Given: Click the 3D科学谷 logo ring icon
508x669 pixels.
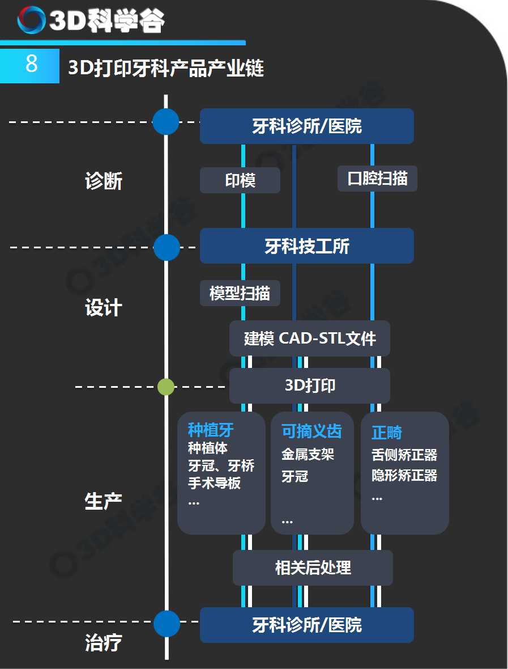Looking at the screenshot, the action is pos(31,20).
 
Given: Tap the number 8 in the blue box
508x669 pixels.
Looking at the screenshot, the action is pos(31,63).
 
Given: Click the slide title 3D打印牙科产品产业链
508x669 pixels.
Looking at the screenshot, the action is pos(166,67).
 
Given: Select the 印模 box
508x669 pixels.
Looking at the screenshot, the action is pos(240,180).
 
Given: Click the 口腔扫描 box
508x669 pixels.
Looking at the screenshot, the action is pos(377,179).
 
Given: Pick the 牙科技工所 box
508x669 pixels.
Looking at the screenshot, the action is pos(307,245).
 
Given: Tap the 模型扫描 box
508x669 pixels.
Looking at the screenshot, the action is pos(240,293).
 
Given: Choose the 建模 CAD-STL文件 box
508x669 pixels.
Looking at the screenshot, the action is pos(310,338).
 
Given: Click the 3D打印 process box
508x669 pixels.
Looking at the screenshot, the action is pos(310,386).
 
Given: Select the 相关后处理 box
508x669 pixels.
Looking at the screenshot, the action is pos(313,568).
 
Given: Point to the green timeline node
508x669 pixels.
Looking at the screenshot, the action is pos(166,387).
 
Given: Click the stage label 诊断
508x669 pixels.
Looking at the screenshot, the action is pos(104,181).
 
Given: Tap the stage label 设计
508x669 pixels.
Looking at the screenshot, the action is pos(104,308).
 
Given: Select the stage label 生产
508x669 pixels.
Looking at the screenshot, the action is pos(103,501).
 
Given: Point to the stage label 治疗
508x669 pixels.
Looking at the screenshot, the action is pos(104,642).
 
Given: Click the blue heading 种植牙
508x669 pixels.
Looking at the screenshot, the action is pos(211,430).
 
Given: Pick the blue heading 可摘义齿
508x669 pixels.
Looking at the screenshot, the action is pos(311,431).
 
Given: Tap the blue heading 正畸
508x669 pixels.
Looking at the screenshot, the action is pos(387,432).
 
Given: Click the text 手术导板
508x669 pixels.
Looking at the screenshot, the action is pos(215,482).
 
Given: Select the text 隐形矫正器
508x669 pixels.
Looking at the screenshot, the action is pos(404,475).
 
